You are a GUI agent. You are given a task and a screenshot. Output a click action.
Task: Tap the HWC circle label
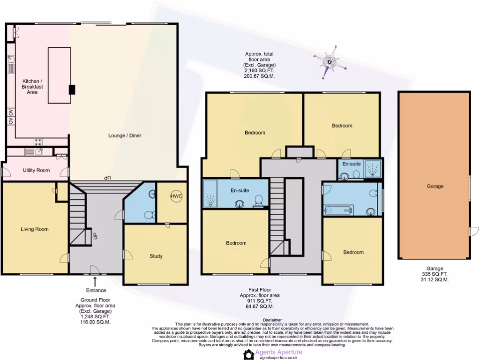click(x=176, y=196)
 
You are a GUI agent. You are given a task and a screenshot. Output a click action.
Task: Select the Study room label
click(x=156, y=256)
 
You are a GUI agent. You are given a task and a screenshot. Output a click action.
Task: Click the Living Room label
click(x=35, y=229)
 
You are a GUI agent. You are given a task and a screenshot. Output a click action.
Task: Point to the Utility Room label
click(x=36, y=170)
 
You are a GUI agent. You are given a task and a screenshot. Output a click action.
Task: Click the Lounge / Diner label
click(x=125, y=135)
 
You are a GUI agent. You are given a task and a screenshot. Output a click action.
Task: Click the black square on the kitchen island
click(x=71, y=90)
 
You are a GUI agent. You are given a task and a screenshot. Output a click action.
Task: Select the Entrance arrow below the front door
click(x=96, y=281)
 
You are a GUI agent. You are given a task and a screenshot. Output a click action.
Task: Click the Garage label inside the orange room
click(x=435, y=186)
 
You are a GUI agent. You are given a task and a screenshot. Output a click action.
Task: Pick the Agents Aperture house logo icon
click(x=248, y=354)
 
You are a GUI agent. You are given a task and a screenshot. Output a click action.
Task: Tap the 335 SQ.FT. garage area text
click(x=435, y=274)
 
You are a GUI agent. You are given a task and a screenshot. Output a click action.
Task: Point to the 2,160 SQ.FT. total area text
click(x=259, y=70)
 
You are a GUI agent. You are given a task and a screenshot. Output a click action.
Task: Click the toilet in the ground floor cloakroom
click(x=149, y=215)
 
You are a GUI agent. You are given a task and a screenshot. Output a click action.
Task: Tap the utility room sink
click(x=30, y=152)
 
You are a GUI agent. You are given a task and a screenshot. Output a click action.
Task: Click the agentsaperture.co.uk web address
click(x=278, y=357)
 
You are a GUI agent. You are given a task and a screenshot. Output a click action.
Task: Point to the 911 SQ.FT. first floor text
click(x=259, y=301)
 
